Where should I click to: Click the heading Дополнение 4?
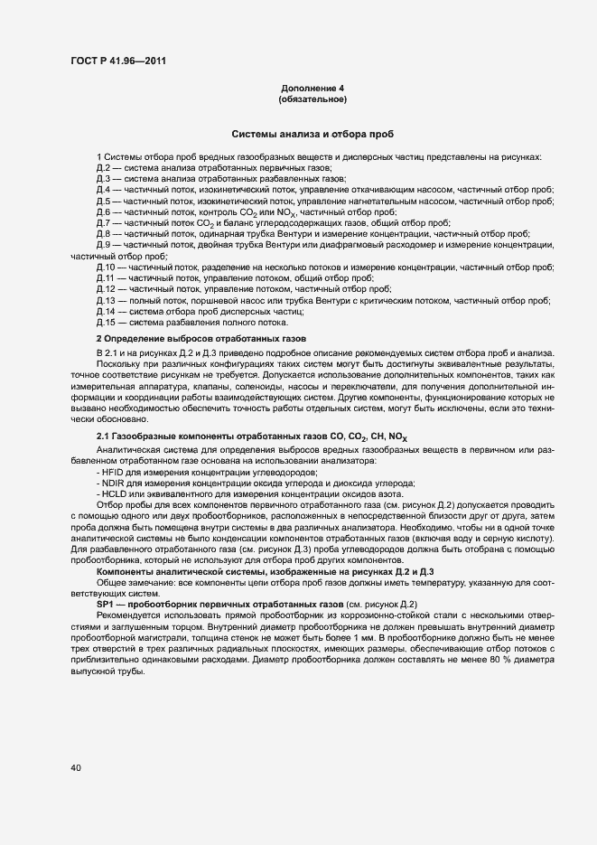pos(312,88)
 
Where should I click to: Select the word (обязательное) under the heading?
pos(312,98)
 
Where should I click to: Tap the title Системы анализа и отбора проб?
pos(312,133)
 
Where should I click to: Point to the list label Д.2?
pos(103,169)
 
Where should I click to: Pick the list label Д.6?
pos(103,211)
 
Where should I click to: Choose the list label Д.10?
pos(106,268)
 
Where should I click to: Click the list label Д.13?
pos(106,300)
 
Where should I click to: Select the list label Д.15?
pos(106,321)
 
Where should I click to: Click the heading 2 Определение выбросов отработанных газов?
pos(201,337)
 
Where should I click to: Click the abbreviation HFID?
pos(111,474)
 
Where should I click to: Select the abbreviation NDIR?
pos(111,484)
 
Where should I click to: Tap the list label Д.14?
pos(106,311)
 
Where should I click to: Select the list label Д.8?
pos(103,232)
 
